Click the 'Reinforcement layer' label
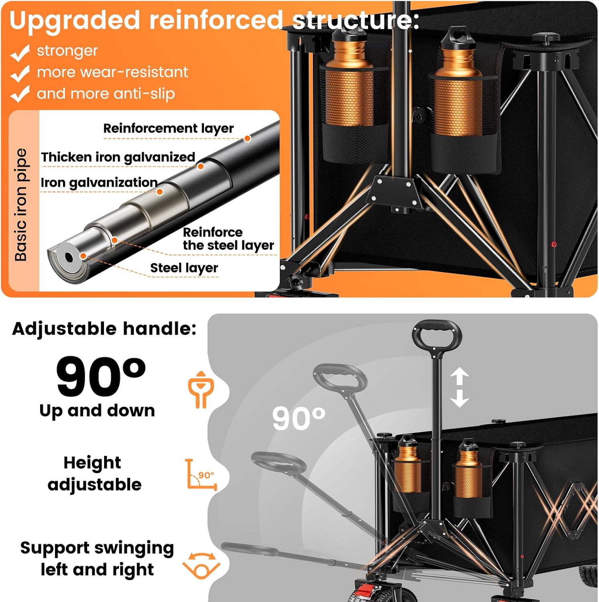(168, 128)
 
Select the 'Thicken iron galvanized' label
(118, 157)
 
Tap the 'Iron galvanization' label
(99, 183)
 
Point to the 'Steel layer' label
(184, 268)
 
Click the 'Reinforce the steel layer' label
(228, 239)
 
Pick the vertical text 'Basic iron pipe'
(21, 205)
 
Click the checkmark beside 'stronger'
(20, 53)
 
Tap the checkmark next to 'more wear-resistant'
(20, 73)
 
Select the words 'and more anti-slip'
(106, 94)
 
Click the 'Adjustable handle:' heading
(104, 329)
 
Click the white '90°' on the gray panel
(299, 418)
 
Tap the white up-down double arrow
(459, 388)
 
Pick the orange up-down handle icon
(201, 390)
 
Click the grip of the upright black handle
(437, 326)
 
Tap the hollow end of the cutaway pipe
(69, 257)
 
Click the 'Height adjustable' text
(94, 474)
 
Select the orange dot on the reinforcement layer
(248, 138)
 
